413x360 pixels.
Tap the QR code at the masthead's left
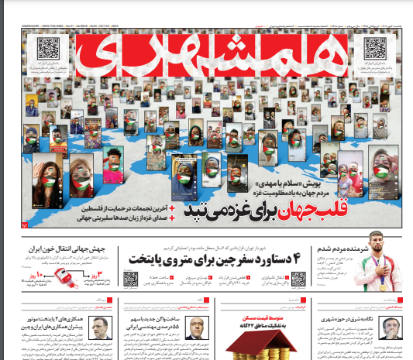coord(50,50)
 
